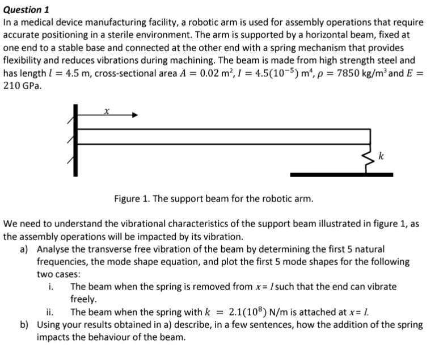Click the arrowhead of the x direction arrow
(x=134, y=115)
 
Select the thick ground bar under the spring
(x=341, y=174)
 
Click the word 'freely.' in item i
(x=84, y=299)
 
